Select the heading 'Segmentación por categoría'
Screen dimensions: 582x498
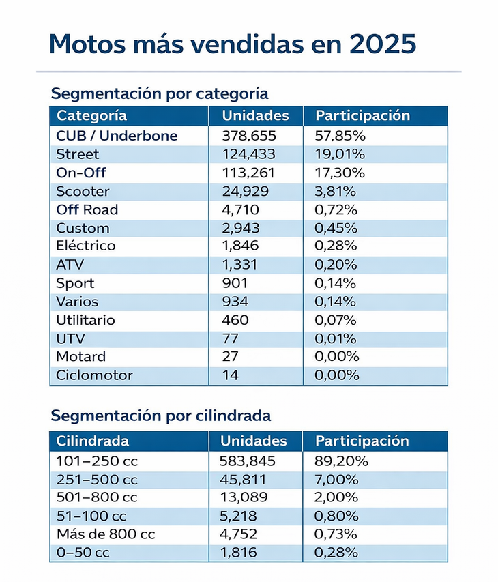pos(160,93)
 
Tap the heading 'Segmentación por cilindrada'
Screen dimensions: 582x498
pos(161,416)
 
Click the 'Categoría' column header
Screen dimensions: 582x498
pos(91,116)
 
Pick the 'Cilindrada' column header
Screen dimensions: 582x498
pos(93,441)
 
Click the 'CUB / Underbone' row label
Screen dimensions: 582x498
pos(117,136)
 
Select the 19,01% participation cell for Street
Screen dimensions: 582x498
pos(340,154)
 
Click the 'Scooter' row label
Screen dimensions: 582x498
pos(83,191)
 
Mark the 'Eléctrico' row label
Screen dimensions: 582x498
pos(86,246)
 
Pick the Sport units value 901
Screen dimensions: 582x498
pos(235,283)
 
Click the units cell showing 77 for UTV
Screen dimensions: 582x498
pos(230,338)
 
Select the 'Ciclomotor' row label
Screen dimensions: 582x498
pos(94,375)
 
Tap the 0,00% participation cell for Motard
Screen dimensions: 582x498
pos(336,357)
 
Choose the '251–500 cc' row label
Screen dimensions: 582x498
pos(97,480)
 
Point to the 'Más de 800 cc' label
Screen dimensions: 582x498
pos(106,534)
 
